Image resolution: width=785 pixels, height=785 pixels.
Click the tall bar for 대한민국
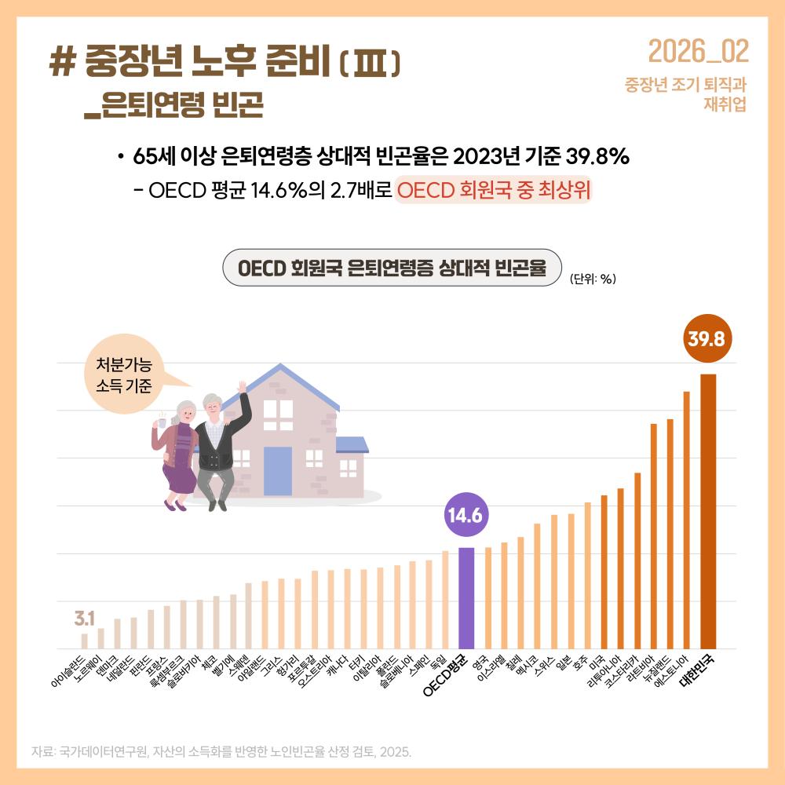(x=708, y=510)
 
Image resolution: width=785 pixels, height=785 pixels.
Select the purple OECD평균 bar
(x=466, y=597)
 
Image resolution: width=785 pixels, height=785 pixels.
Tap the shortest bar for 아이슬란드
(x=85, y=641)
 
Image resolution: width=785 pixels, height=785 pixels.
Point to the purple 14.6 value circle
(x=466, y=515)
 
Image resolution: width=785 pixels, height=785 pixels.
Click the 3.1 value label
(x=85, y=616)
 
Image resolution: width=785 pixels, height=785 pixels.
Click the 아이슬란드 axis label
(x=69, y=671)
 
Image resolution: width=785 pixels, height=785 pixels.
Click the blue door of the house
(x=280, y=470)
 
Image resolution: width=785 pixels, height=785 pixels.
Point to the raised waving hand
(x=243, y=387)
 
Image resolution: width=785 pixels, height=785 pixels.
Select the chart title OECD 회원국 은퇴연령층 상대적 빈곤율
(x=392, y=268)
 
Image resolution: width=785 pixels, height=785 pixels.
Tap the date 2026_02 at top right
(x=698, y=52)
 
